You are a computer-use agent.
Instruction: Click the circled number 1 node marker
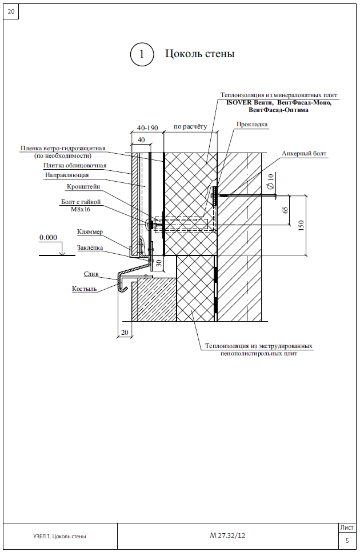[142, 54]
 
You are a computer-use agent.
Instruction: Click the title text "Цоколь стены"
[200, 54]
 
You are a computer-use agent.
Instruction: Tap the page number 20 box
[11, 11]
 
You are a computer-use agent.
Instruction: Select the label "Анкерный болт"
[304, 154]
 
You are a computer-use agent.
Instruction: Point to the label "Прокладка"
[252, 124]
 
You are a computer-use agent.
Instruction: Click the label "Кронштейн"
[83, 187]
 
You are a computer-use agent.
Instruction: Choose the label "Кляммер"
[90, 232]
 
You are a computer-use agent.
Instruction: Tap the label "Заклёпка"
[90, 248]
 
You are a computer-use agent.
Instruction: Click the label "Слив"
[91, 274]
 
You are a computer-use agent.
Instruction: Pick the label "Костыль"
[85, 289]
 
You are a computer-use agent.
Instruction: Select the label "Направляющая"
[67, 175]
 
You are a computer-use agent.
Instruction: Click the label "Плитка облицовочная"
[75, 166]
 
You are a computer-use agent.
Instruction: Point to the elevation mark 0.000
[48, 238]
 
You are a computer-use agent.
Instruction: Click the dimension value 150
[301, 225]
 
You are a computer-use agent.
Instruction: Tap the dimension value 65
[285, 210]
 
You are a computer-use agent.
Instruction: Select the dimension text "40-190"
[147, 128]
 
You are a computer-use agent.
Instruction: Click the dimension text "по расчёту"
[190, 127]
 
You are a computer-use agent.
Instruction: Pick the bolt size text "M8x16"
[81, 210]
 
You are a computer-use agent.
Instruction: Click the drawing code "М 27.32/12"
[227, 535]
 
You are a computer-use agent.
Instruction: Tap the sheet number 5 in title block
[347, 541]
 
